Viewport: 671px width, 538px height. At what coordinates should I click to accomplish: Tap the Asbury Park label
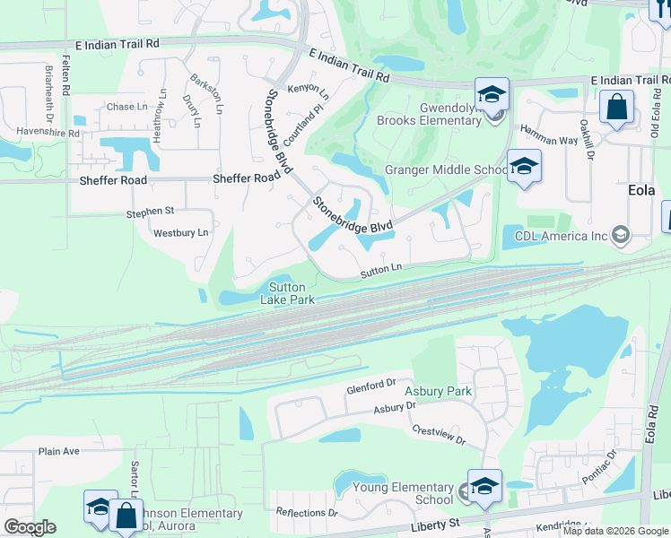pyautogui.click(x=438, y=391)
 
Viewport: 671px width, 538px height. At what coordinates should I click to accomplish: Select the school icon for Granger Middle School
pyautogui.click(x=524, y=166)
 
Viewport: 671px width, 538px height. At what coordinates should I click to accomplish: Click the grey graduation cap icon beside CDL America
pyautogui.click(x=619, y=236)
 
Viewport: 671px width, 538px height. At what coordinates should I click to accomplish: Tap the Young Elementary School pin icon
pyautogui.click(x=484, y=486)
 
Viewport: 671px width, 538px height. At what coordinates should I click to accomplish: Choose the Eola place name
pyautogui.click(x=641, y=191)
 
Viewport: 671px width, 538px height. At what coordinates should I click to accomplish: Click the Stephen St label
pyautogui.click(x=150, y=213)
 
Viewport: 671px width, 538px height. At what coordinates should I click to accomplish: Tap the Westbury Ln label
pyautogui.click(x=180, y=233)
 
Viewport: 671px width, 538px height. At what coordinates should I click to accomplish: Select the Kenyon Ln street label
pyautogui.click(x=308, y=91)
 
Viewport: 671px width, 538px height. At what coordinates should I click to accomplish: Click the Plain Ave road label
pyautogui.click(x=59, y=451)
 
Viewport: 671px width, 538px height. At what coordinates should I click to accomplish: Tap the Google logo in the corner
pyautogui.click(x=30, y=526)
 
